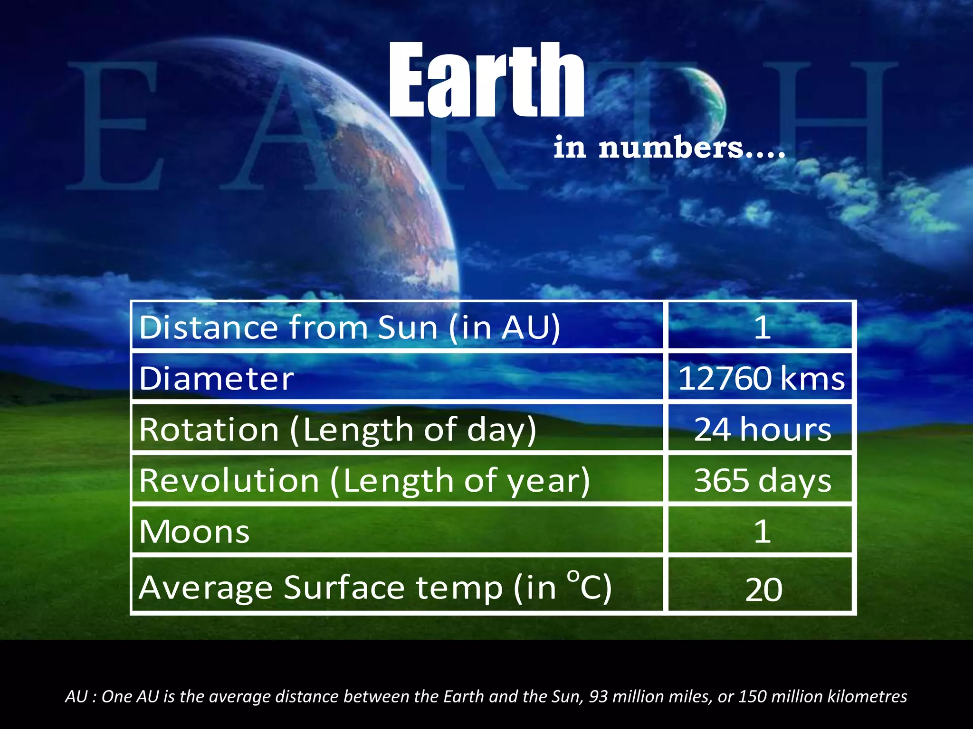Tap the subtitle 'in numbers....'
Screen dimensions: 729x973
pyautogui.click(x=669, y=148)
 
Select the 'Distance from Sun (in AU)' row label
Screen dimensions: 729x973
pyautogui.click(x=350, y=327)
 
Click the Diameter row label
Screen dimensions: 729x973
pyautogui.click(x=217, y=379)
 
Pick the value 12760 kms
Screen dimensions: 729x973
pyautogui.click(x=762, y=379)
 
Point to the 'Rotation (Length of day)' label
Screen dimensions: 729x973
pyautogui.click(x=338, y=430)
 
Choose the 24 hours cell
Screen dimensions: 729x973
pyautogui.click(x=762, y=430)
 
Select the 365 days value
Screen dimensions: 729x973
pyautogui.click(x=762, y=481)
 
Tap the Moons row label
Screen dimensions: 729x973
pyautogui.click(x=194, y=532)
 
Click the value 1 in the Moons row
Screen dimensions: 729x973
pyautogui.click(x=762, y=532)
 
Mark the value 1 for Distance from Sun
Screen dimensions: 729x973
pyautogui.click(x=762, y=327)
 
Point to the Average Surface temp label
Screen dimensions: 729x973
pyautogui.click(x=375, y=588)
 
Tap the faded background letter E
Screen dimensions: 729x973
pyautogui.click(x=114, y=126)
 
